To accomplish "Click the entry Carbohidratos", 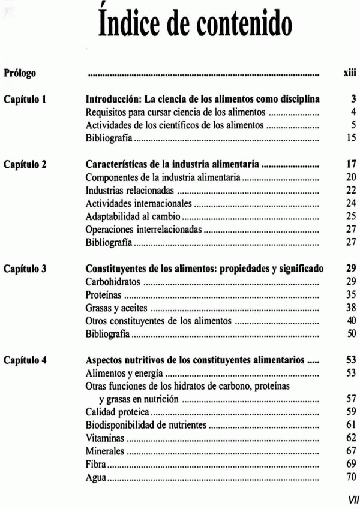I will (x=113, y=282).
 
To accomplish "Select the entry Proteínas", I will (x=104, y=296).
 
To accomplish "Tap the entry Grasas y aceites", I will (x=117, y=309).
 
